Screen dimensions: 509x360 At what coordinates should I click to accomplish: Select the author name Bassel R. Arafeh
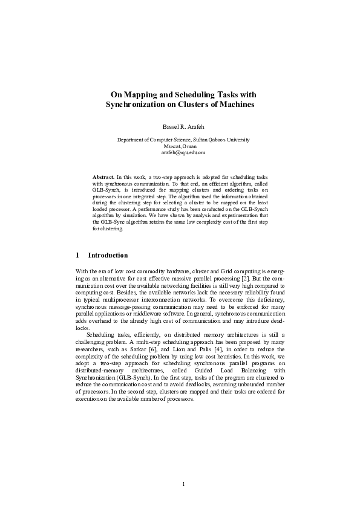[x=180, y=128]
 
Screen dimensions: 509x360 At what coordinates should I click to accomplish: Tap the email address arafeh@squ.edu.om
[x=180, y=154]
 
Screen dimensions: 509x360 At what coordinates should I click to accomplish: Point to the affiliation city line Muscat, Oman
[x=180, y=147]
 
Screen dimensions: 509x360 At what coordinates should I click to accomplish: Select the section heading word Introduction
[x=108, y=256]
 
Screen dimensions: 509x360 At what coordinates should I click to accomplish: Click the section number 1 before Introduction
[x=77, y=256]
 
